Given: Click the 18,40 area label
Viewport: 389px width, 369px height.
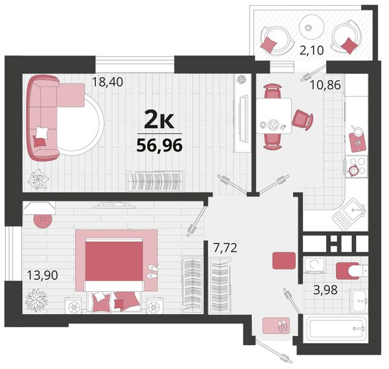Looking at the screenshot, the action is coord(108,82).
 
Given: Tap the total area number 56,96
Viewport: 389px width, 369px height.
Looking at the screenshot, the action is coord(159,145).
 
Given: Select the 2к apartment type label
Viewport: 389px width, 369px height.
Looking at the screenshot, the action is coord(159,120).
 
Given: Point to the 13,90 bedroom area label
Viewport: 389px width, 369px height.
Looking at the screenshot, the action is coord(42,275).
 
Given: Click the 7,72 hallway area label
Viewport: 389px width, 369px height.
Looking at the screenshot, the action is coord(225,248).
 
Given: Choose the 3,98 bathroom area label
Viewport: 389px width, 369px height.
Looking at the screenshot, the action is coord(325,290).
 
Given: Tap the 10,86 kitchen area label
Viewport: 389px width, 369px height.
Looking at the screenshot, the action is coord(325,85).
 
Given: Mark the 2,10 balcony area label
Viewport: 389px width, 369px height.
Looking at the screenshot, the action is coord(312,50).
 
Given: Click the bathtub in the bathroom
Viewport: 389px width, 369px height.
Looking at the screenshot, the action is coord(336,329).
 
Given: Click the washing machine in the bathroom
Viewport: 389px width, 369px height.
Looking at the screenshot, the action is coord(314,265).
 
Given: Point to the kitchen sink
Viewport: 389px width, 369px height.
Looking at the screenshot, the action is coord(350,214).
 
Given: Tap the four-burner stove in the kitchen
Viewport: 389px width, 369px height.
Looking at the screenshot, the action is coord(356,166).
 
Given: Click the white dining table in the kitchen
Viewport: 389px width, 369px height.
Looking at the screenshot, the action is coord(274,116).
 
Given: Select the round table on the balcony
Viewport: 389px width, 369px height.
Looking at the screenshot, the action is coord(312,27).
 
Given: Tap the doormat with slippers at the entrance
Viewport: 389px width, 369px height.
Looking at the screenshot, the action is coord(276,326).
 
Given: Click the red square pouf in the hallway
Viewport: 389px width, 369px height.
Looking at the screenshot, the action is coord(284,260).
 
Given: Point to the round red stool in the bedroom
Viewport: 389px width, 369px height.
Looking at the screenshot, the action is coord(43,219).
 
